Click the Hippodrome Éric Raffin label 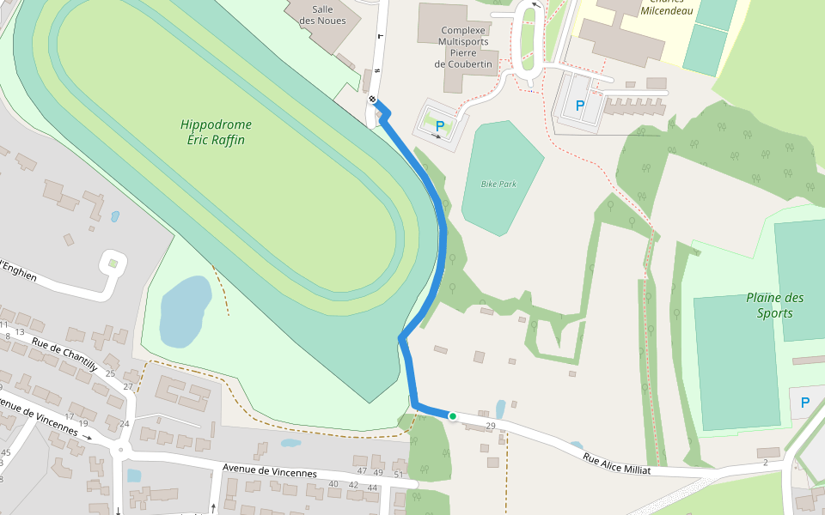click(x=216, y=131)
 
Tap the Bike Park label click(x=498, y=184)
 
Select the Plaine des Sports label click(x=775, y=305)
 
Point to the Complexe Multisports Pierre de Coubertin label click(x=463, y=46)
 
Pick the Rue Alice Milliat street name click(x=616, y=463)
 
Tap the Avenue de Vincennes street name click(x=269, y=471)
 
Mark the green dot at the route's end click(x=452, y=416)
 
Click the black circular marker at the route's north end click(x=373, y=100)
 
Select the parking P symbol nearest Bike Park click(x=440, y=125)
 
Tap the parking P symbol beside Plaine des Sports click(x=805, y=403)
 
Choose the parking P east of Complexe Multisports click(x=580, y=106)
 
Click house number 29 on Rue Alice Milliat click(x=491, y=426)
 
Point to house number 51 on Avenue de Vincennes click(x=398, y=474)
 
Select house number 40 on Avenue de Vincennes click(x=334, y=484)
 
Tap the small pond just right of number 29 click(x=501, y=409)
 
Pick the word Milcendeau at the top click(x=667, y=11)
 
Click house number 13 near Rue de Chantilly click(x=20, y=331)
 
